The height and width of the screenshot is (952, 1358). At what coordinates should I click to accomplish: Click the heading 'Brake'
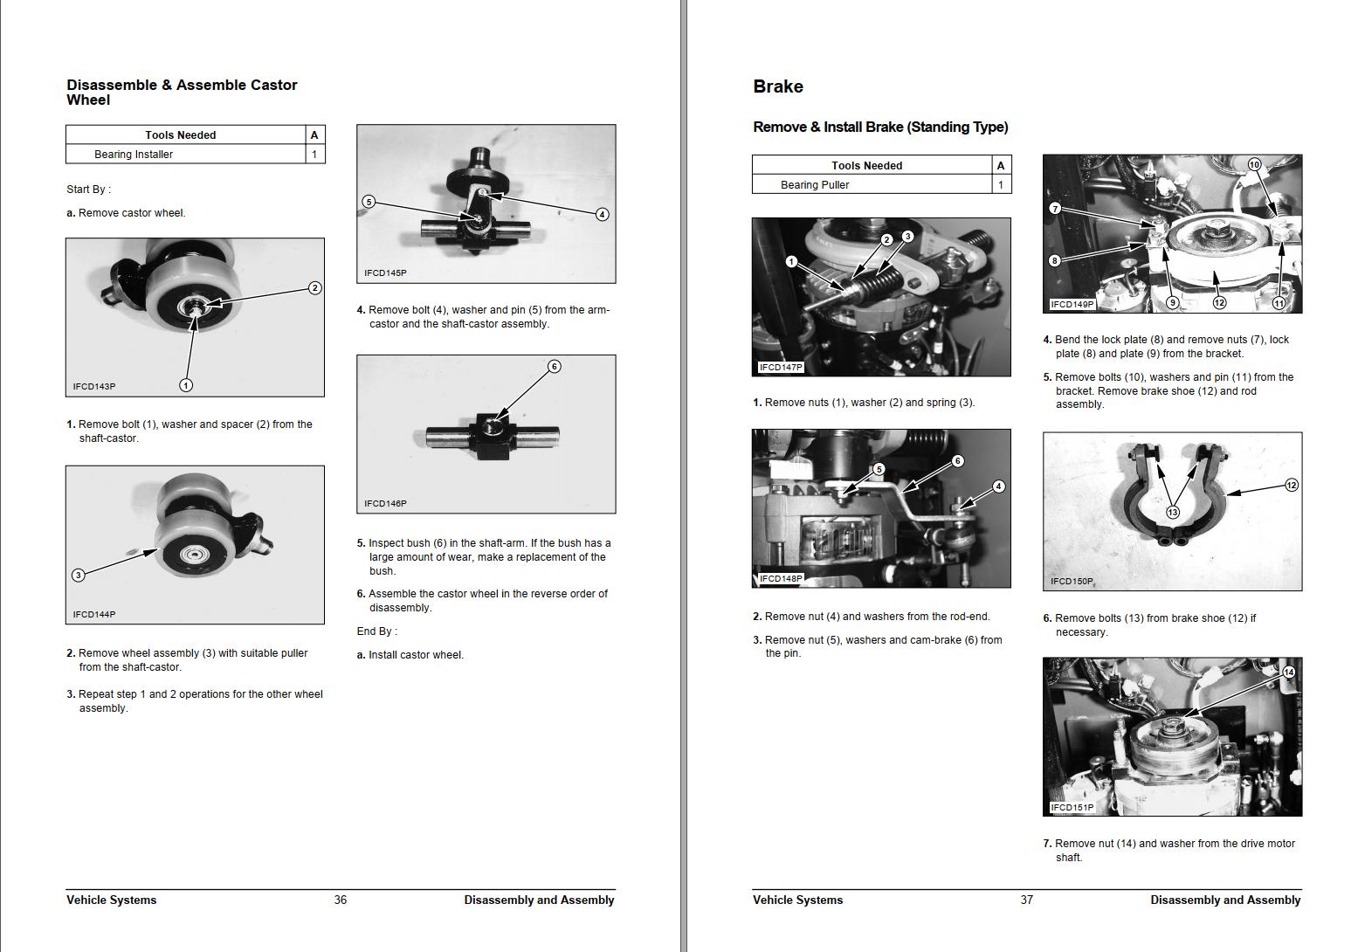click(777, 86)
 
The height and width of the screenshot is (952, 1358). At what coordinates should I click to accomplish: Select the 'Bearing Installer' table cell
click(134, 155)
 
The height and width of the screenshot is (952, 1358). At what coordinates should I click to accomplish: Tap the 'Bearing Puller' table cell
click(814, 185)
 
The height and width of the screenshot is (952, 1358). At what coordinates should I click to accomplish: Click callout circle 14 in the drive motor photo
click(1288, 672)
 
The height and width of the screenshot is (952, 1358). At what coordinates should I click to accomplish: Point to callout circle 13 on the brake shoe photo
click(1172, 513)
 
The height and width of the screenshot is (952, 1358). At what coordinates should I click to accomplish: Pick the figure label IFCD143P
click(94, 386)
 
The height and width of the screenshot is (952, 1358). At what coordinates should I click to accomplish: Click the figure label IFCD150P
click(1072, 581)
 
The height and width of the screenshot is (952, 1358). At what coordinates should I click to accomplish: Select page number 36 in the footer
click(340, 900)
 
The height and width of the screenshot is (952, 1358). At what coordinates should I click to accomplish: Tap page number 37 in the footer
click(1026, 900)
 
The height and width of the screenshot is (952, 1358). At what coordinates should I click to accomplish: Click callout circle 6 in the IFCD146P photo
click(554, 366)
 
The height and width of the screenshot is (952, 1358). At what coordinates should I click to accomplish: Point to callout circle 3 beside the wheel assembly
click(78, 575)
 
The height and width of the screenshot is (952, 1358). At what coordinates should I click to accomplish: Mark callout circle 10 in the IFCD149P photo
click(1254, 164)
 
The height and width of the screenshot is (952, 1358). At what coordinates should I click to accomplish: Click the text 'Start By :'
click(88, 190)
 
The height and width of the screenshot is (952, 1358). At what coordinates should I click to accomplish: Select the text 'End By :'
click(376, 631)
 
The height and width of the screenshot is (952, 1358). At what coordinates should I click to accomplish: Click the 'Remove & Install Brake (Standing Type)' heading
click(879, 128)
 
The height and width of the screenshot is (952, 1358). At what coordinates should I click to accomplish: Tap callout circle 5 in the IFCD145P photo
click(369, 202)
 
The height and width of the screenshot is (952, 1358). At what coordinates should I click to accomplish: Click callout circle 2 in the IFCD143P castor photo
click(314, 287)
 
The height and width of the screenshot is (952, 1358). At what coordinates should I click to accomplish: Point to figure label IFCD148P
click(781, 578)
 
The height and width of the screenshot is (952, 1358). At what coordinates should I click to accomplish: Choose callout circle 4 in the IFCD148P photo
click(998, 486)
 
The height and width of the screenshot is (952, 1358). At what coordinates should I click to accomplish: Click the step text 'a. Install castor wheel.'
click(410, 655)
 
